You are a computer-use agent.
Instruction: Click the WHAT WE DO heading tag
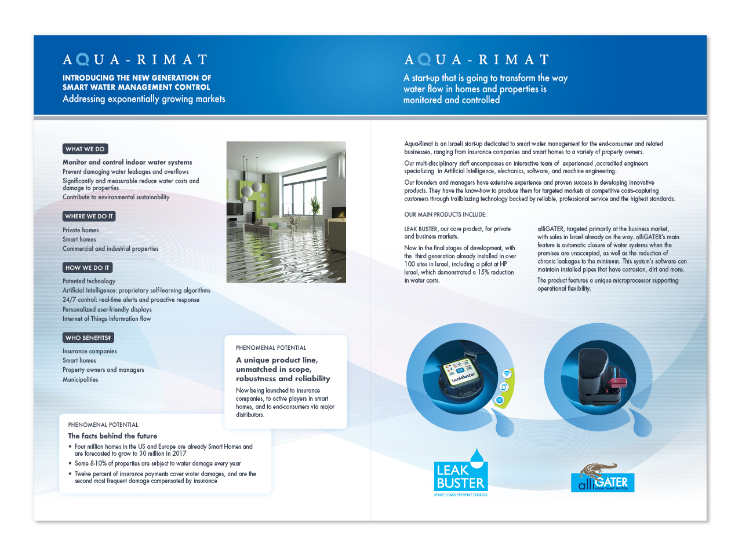85,149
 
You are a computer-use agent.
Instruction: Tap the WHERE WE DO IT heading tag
89,216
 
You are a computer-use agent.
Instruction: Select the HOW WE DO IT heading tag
88,268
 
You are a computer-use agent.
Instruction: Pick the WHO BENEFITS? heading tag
88,338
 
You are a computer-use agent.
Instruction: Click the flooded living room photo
286,212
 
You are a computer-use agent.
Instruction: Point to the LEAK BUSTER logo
461,474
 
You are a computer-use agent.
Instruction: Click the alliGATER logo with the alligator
603,478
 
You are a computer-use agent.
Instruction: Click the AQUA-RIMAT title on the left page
135,60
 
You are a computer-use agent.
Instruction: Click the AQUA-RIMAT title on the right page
477,60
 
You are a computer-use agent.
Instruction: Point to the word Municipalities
81,380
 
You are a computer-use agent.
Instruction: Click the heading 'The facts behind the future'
112,436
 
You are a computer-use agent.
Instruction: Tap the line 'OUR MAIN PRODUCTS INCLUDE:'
445,214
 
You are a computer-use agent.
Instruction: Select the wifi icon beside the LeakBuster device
507,374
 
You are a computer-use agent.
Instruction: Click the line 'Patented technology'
89,281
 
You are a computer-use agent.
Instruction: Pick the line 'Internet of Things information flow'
107,319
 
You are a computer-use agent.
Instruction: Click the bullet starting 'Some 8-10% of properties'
157,463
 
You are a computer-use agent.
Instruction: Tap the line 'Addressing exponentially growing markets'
144,99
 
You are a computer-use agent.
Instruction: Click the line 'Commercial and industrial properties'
110,249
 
